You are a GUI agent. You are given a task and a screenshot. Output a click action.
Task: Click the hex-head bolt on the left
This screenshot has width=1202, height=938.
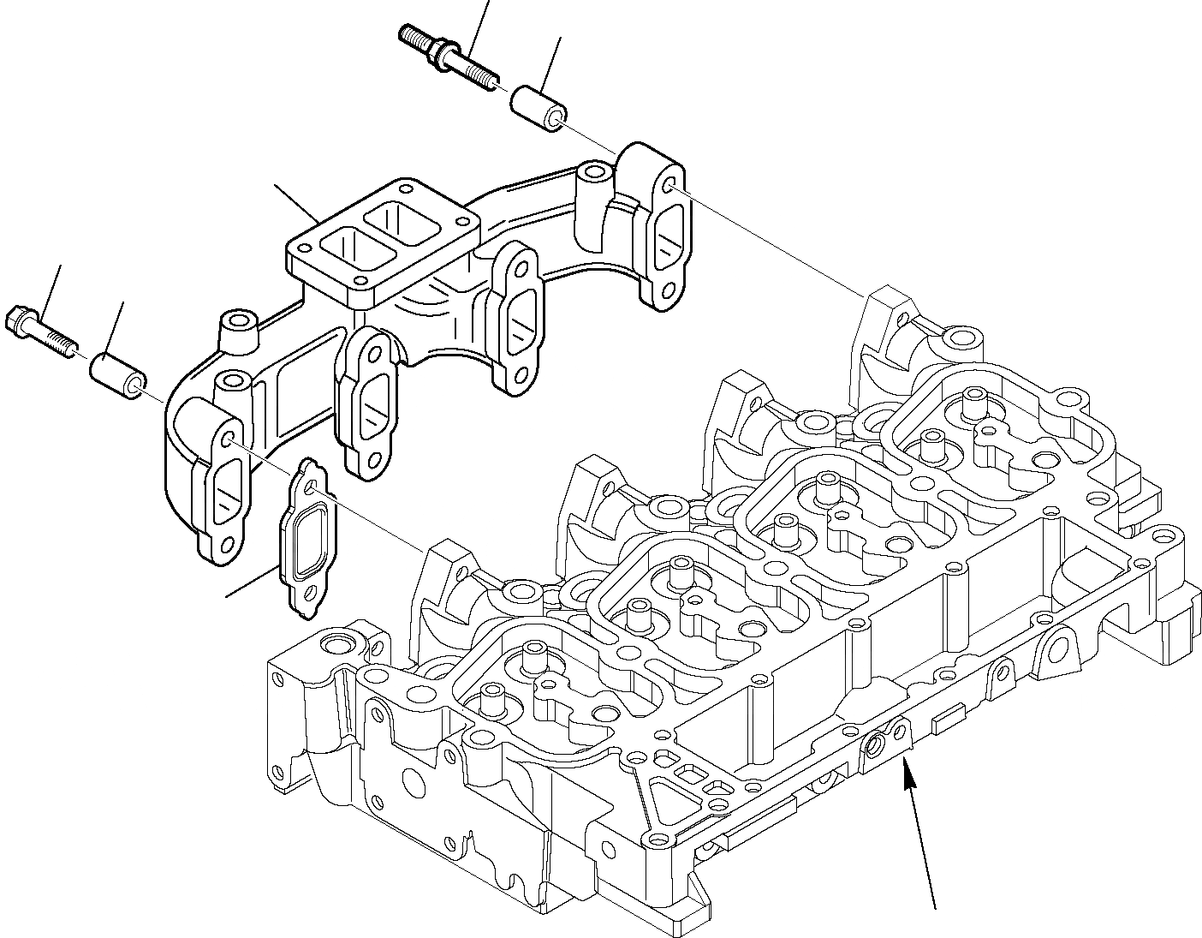click(x=39, y=330)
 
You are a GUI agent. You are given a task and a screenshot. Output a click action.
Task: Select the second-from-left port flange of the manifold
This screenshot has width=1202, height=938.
click(x=368, y=403)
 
